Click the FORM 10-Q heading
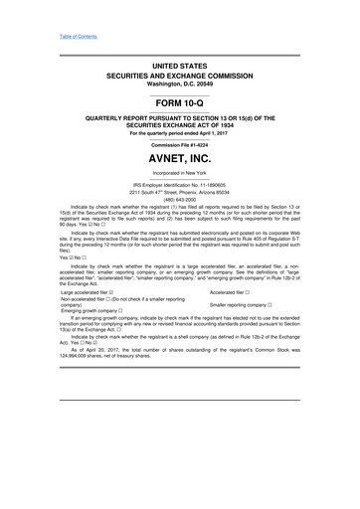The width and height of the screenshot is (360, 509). point(180,102)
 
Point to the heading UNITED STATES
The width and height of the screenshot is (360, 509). point(180,64)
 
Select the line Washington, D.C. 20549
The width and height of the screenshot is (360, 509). point(180,84)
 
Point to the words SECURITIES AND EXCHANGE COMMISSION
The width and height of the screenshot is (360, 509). point(180,75)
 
